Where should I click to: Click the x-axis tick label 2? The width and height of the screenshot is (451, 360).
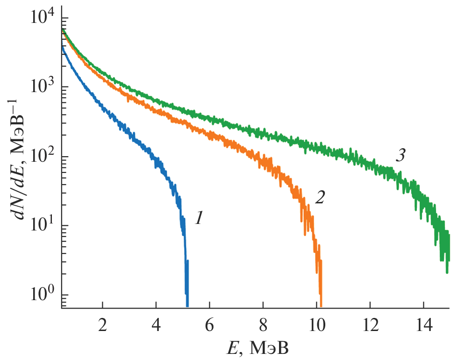pos(102,324)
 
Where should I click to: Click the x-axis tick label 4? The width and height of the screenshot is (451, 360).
pos(156,324)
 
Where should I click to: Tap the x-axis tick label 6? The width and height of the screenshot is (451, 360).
pos(210,324)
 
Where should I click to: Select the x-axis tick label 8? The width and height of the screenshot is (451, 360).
pos(263,324)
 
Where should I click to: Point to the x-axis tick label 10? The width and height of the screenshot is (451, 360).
pos(316,324)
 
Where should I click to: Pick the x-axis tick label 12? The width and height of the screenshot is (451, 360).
pos(370,324)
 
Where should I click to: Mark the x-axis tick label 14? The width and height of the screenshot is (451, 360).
pos(423,324)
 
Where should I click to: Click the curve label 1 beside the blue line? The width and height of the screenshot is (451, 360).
pos(198,218)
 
